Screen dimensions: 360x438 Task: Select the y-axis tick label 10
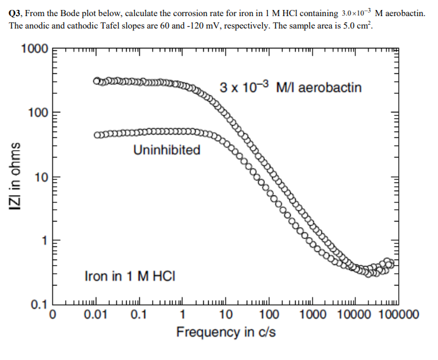(40, 179)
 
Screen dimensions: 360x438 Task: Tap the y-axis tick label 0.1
(38, 305)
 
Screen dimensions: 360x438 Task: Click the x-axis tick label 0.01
(96, 314)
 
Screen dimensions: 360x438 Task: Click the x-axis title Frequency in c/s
(226, 332)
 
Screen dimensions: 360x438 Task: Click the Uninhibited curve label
(167, 150)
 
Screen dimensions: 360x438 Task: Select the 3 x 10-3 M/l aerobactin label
(290, 88)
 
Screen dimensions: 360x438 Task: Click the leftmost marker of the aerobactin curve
(97, 81)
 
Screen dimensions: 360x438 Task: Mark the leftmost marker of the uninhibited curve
(98, 135)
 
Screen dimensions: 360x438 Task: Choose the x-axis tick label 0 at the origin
(53, 314)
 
